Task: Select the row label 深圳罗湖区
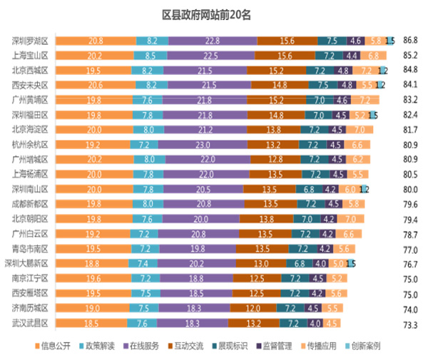click(31, 41)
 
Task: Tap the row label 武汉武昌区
click(31, 323)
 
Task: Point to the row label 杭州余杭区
click(31, 145)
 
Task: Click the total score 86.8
click(411, 41)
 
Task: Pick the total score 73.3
click(411, 324)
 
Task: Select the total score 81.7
click(411, 130)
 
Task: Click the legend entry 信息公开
click(58, 346)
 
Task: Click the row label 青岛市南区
click(31, 249)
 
